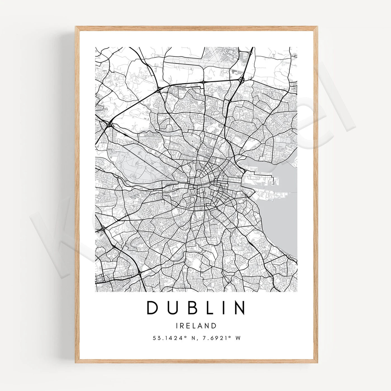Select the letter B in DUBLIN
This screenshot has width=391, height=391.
tap(189, 307)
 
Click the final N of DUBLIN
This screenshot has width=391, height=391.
tap(239, 307)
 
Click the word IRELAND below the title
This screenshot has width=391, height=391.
tap(196, 326)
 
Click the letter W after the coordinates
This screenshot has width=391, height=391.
tap(238, 338)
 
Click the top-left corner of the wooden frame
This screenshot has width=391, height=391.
tap(76, 27)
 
